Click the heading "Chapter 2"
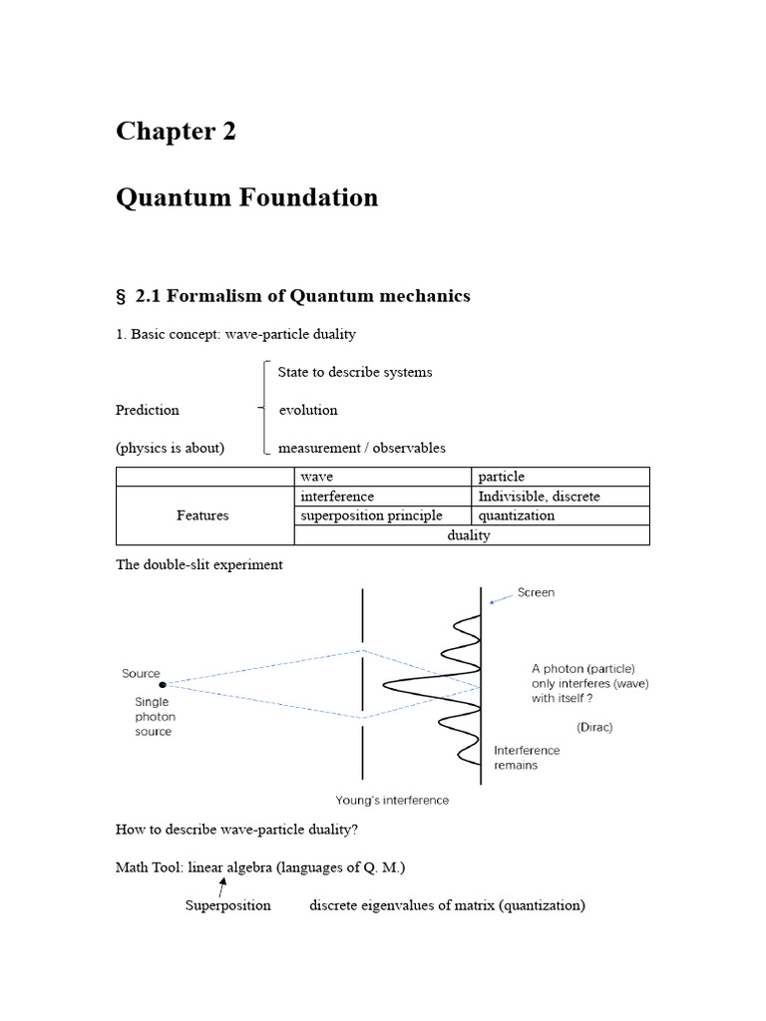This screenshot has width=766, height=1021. click(176, 132)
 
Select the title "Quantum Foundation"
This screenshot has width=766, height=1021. click(246, 197)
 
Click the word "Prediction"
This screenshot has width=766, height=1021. click(148, 410)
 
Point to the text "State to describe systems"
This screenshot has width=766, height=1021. click(355, 372)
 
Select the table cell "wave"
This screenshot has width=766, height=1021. click(317, 477)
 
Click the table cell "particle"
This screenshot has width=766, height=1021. click(502, 477)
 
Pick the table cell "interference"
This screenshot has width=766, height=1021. click(337, 497)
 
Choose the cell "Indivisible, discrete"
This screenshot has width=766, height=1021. click(539, 497)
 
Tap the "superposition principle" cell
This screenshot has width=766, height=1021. click(371, 515)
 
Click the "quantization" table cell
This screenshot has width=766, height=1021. click(517, 515)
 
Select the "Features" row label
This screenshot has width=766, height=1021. click(202, 515)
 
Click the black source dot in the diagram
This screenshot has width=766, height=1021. click(164, 684)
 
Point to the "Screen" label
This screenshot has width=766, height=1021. click(536, 592)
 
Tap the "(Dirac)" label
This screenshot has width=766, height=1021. click(594, 727)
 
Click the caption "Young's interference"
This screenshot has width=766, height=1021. click(392, 800)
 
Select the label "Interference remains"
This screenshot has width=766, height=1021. click(527, 758)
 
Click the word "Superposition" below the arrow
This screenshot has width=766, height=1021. click(227, 905)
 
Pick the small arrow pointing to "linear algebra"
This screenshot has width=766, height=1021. click(221, 884)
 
